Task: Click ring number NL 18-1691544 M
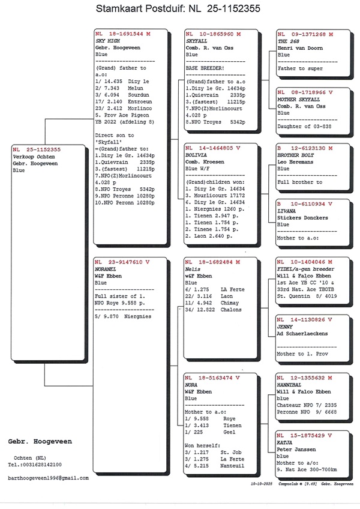pos(122,34)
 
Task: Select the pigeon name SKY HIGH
pos(108,41)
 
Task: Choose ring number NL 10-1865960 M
pos(213,34)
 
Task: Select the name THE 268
pos(287,41)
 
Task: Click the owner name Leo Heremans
pos(296,161)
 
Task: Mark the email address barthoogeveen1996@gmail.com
pos(48,478)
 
